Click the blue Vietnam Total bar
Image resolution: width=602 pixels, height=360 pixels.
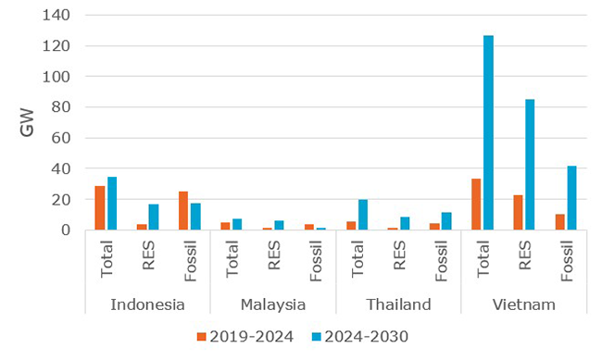pyautogui.click(x=487, y=133)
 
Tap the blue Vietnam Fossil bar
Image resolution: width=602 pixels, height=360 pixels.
pyautogui.click(x=571, y=198)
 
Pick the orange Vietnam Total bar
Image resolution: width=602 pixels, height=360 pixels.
pyautogui.click(x=475, y=205)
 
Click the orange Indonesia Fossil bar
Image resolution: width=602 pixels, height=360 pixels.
pyautogui.click(x=182, y=211)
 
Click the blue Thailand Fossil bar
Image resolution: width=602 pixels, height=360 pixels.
pyautogui.click(x=445, y=221)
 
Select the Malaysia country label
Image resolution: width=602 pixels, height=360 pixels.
pyautogui.click(x=273, y=304)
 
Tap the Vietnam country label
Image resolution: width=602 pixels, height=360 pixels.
pyautogui.click(x=523, y=304)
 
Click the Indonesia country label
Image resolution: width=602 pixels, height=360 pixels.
pyautogui.click(x=147, y=304)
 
